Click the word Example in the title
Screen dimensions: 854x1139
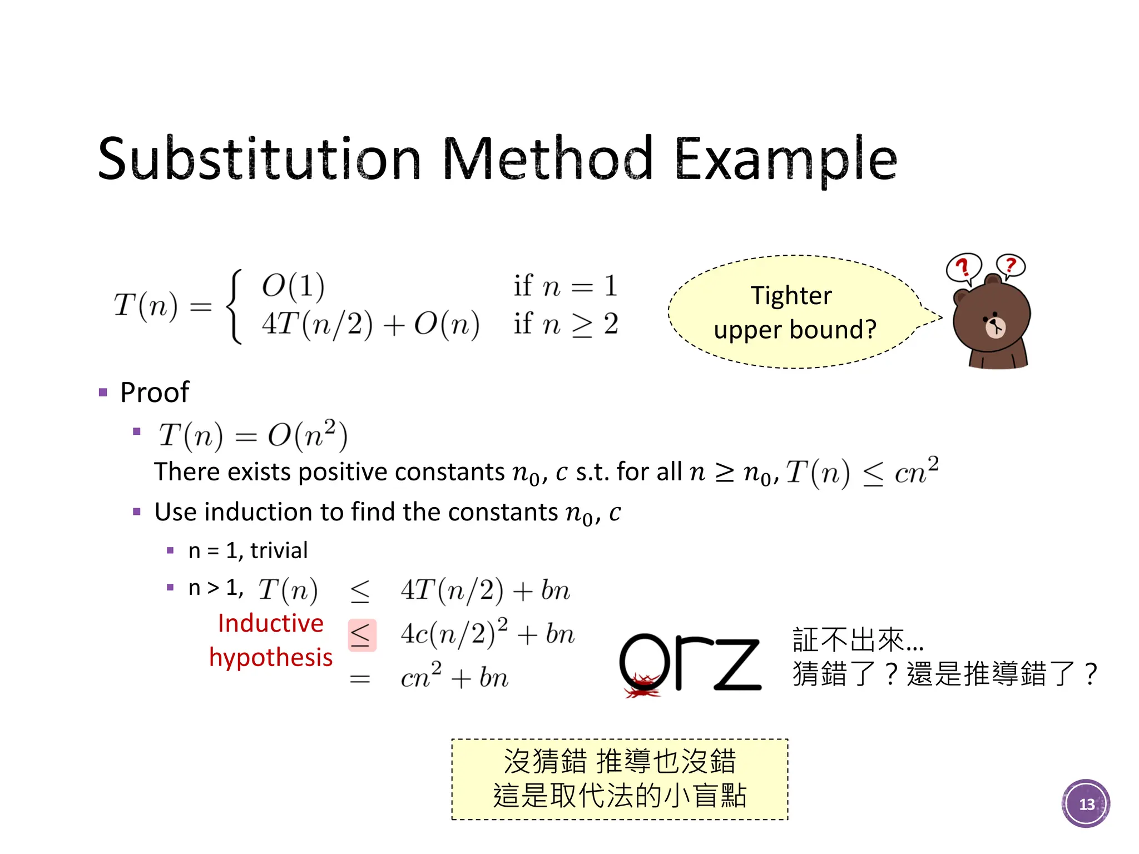tap(785, 160)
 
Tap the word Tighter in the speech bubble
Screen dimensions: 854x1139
tap(791, 295)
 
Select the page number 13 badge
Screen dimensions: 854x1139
tap(1086, 804)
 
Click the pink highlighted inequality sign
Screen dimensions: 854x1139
tap(361, 635)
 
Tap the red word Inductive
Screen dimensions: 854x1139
tap(270, 623)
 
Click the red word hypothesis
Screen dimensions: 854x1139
tap(270, 657)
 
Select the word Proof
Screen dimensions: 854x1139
tap(155, 393)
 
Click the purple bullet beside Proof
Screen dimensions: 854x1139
tap(103, 393)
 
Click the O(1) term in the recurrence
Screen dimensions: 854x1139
tap(293, 286)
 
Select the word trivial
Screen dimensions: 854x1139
tap(279, 550)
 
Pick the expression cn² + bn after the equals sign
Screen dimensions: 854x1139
tap(454, 677)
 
